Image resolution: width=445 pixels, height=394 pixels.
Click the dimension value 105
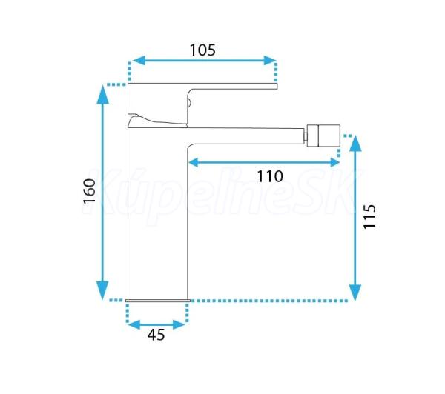(202, 50)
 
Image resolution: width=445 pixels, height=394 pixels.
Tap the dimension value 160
(90, 191)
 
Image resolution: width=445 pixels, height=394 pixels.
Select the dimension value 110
(270, 176)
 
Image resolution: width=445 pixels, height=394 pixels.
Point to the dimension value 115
(369, 216)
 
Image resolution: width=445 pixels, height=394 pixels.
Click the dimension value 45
(156, 335)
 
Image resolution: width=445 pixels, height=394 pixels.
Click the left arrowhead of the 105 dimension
(139, 61)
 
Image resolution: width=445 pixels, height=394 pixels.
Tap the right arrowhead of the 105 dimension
(270, 61)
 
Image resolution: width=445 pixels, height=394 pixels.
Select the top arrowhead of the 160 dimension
(103, 95)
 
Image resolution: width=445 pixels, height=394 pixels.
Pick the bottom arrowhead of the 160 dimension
(102, 290)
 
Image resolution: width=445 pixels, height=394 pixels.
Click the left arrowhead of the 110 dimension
(194, 163)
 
